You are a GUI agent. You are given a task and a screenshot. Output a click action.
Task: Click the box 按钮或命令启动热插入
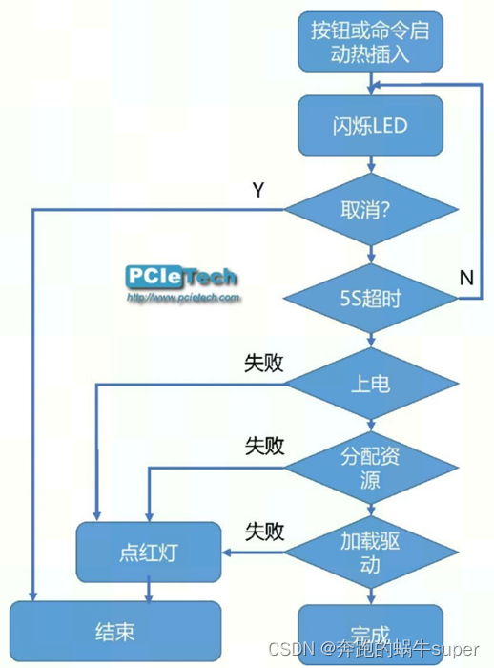[370, 41]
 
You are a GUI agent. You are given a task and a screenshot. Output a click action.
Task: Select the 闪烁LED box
[370, 126]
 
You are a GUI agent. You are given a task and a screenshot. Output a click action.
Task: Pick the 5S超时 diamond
[369, 299]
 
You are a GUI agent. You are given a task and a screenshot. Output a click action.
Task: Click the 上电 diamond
[369, 385]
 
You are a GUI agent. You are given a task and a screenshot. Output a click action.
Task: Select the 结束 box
[114, 631]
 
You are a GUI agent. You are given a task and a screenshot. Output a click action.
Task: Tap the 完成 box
[370, 634]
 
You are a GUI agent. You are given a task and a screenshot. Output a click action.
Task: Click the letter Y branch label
[257, 190]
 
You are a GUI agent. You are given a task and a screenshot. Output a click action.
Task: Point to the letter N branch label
[466, 278]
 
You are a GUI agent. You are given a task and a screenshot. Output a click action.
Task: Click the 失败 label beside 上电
[264, 364]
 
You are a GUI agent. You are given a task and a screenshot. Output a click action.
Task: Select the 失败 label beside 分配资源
[264, 446]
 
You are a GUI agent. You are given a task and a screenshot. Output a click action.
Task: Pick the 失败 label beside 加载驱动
[264, 532]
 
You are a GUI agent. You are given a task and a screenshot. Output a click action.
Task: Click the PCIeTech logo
[181, 277]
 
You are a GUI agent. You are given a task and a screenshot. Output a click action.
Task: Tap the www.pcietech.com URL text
[181, 298]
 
